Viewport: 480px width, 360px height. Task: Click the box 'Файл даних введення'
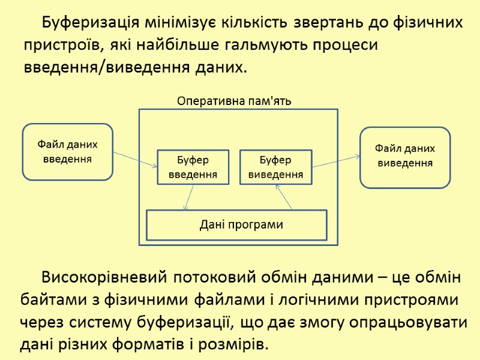click(x=68, y=152)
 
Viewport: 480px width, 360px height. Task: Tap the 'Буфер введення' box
click(x=193, y=167)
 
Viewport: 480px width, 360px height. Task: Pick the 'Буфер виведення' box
click(x=275, y=167)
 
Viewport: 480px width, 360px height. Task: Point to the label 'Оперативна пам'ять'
click(x=234, y=100)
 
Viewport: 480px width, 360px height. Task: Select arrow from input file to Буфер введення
click(x=135, y=158)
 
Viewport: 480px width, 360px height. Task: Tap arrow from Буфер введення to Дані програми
click(x=189, y=197)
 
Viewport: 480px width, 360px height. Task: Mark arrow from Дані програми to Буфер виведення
click(x=284, y=197)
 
